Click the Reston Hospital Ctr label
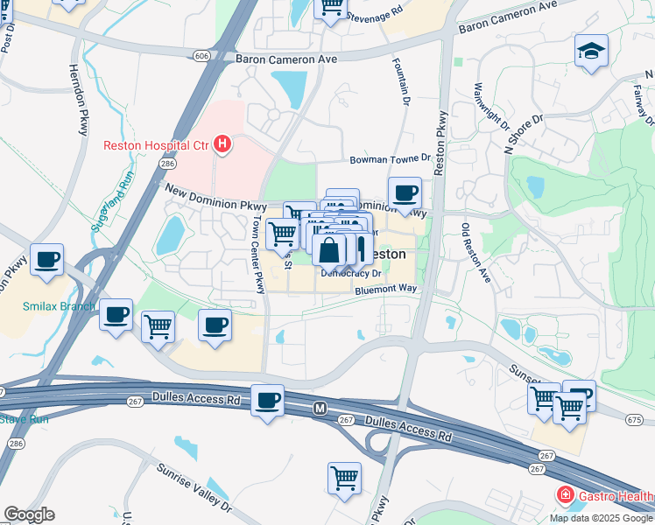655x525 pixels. pos(157,145)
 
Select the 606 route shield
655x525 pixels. pos(202,55)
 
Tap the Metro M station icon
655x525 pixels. pos(320,409)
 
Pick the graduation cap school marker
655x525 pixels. pos(591,51)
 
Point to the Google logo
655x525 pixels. pos(29,514)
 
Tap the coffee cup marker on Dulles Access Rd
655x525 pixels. pos(268,401)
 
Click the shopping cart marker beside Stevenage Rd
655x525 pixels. pos(331,7)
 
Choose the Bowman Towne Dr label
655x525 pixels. pos(391,159)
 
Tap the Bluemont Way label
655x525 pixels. pos(385,288)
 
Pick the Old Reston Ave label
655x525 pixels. pos(476,253)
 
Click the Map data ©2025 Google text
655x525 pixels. pos(600,518)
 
